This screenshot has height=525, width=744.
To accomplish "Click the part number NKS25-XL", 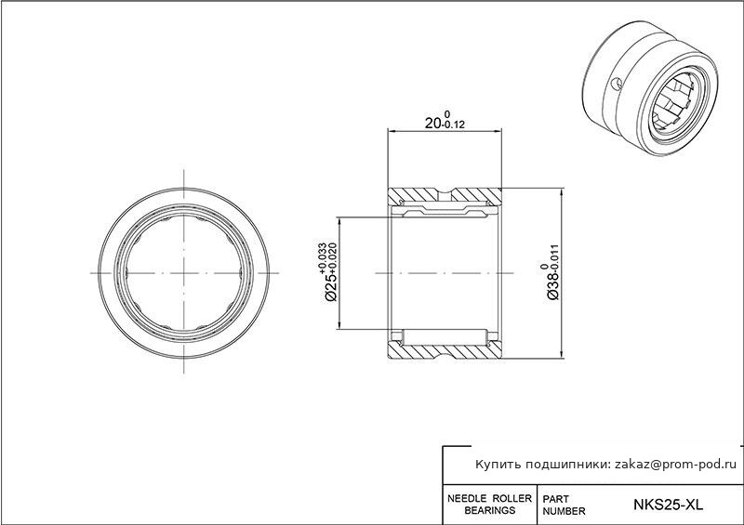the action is coord(668,505).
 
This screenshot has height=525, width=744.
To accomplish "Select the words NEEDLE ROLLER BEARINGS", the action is coord(490,505).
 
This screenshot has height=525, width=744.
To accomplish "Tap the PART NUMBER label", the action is coord(564,505).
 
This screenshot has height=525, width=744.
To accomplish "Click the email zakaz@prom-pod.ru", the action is coord(676,465).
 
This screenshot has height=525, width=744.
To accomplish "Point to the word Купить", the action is coord(498,465).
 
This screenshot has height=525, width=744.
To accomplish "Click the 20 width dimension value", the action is coord(432,124).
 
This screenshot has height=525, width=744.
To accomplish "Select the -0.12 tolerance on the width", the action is coord(453,125).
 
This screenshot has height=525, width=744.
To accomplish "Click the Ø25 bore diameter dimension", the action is coord(331,288).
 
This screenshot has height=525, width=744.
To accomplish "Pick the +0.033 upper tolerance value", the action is coord(323,258).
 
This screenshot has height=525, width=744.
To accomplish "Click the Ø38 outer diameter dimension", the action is coord(553,286).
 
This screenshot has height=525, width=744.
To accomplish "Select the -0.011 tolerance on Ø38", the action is coord(555,258).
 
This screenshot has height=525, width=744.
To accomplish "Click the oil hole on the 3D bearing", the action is coord(616,85).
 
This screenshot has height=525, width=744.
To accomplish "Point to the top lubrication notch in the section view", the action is coord(445,193).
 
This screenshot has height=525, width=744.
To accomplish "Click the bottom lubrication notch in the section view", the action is coord(445,352).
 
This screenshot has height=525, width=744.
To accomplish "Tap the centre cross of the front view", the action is coord(183,273).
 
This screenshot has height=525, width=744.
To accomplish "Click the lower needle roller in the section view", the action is coord(445,337).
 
